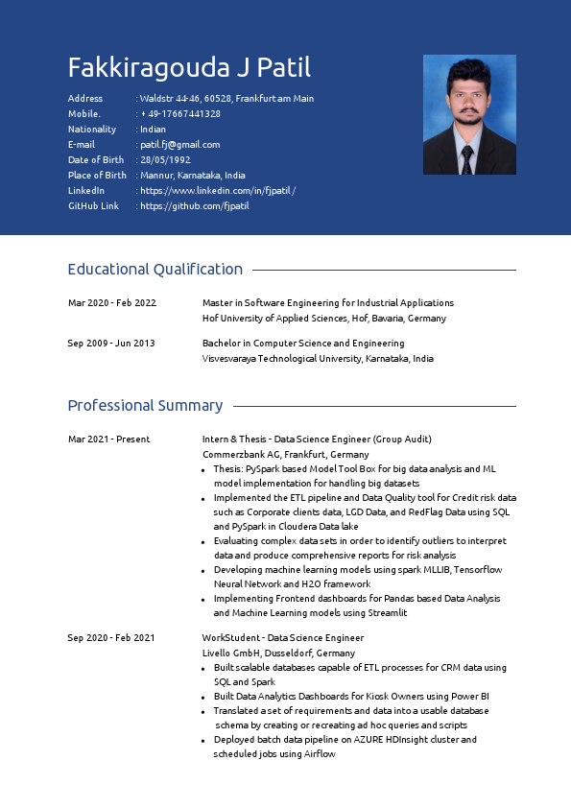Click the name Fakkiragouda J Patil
click(189, 68)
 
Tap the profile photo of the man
click(469, 115)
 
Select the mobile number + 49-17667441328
click(180, 113)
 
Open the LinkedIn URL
click(218, 190)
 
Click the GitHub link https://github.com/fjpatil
click(195, 205)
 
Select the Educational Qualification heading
click(155, 270)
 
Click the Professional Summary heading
click(145, 406)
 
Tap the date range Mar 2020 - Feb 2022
click(111, 303)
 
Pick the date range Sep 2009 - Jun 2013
click(110, 344)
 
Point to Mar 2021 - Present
click(108, 440)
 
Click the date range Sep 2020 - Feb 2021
click(110, 638)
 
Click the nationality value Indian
click(153, 129)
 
